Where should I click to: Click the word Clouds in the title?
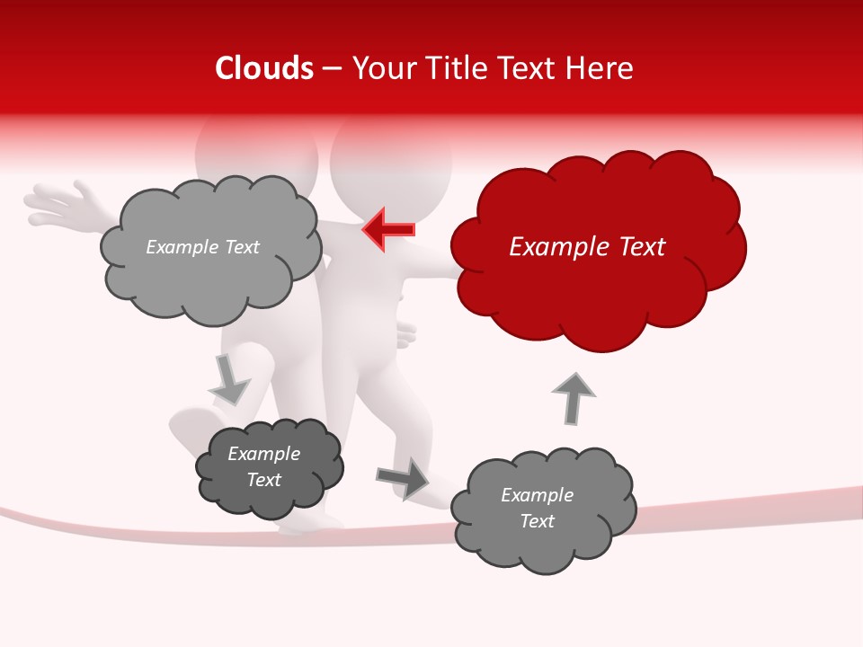(264, 68)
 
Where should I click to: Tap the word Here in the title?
(601, 68)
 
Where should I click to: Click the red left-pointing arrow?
(389, 229)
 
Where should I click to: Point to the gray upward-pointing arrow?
(573, 398)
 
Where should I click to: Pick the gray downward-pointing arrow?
(229, 380)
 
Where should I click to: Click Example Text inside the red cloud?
(587, 247)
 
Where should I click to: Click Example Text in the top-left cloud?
(202, 247)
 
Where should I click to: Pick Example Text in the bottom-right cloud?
(537, 508)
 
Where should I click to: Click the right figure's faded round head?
(392, 162)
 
